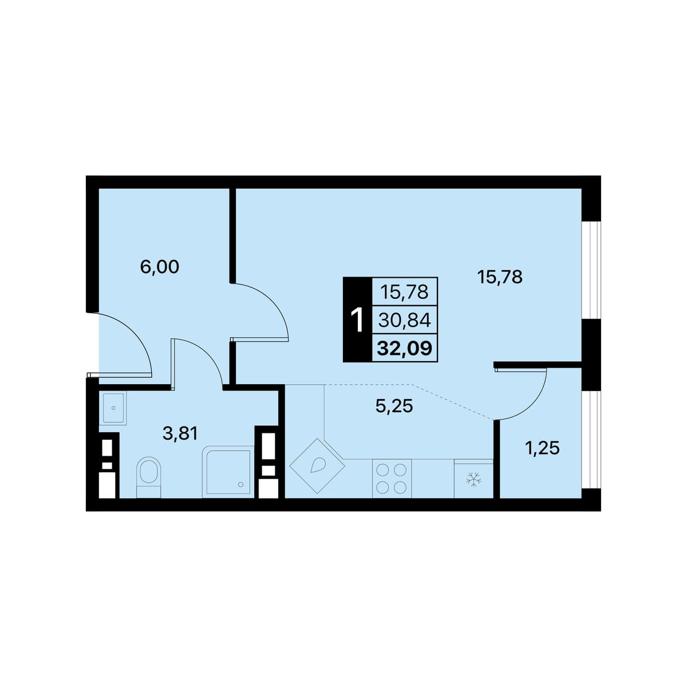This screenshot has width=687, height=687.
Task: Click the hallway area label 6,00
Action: (159, 267)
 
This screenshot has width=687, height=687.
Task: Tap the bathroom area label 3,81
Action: (180, 433)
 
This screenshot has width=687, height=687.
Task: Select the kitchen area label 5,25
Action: (394, 406)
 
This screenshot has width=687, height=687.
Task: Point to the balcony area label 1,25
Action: (542, 448)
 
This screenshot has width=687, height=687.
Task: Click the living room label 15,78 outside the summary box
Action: (500, 277)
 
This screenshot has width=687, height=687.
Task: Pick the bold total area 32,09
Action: (405, 349)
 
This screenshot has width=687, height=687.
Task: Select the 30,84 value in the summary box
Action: (405, 321)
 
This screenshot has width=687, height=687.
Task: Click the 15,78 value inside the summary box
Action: (404, 292)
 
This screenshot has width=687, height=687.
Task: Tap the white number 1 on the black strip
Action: (357, 320)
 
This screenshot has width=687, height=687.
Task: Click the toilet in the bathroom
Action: (149, 477)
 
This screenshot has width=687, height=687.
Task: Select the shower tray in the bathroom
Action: (228, 471)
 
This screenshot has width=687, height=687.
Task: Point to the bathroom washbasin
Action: (113, 408)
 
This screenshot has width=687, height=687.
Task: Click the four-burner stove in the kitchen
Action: (392, 478)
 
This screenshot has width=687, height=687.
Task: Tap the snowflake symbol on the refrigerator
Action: (474, 480)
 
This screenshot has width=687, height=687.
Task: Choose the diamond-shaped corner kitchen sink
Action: (317, 466)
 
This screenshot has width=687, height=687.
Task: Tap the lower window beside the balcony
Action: (591, 440)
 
